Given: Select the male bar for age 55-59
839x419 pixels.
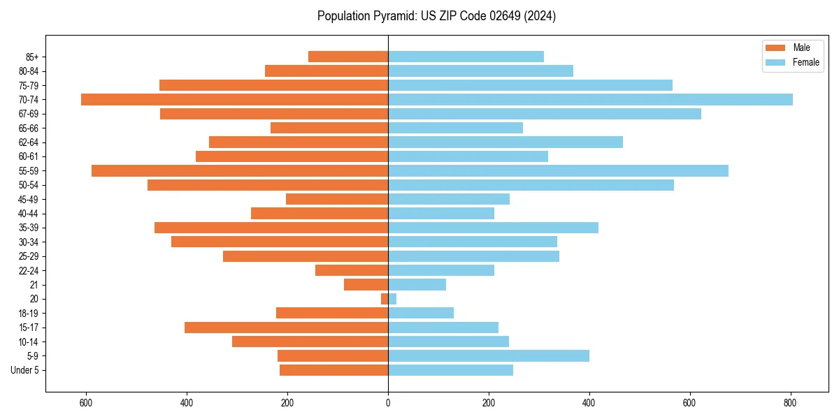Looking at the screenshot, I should pos(240,171).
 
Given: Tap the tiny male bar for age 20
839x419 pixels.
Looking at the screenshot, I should pos(385,299).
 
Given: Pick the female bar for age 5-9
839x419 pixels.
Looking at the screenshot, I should pos(489,356).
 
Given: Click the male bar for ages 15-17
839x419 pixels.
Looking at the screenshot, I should pos(286,328).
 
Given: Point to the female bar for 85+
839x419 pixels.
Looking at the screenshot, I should pos(466,57).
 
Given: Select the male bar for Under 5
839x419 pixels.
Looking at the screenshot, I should pos(334,370).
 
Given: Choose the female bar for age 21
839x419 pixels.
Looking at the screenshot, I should pos(417,285).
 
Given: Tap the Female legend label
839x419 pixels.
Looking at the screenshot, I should pos(805,62).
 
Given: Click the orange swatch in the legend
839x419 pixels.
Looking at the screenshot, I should pos(776,47).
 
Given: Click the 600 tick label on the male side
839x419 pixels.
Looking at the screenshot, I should pos(86,403).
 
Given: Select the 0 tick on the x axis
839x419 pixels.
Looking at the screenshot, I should pos(388,403).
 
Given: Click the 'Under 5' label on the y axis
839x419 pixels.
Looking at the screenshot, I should pos(25,370).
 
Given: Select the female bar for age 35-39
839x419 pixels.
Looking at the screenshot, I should pos(493,228).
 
